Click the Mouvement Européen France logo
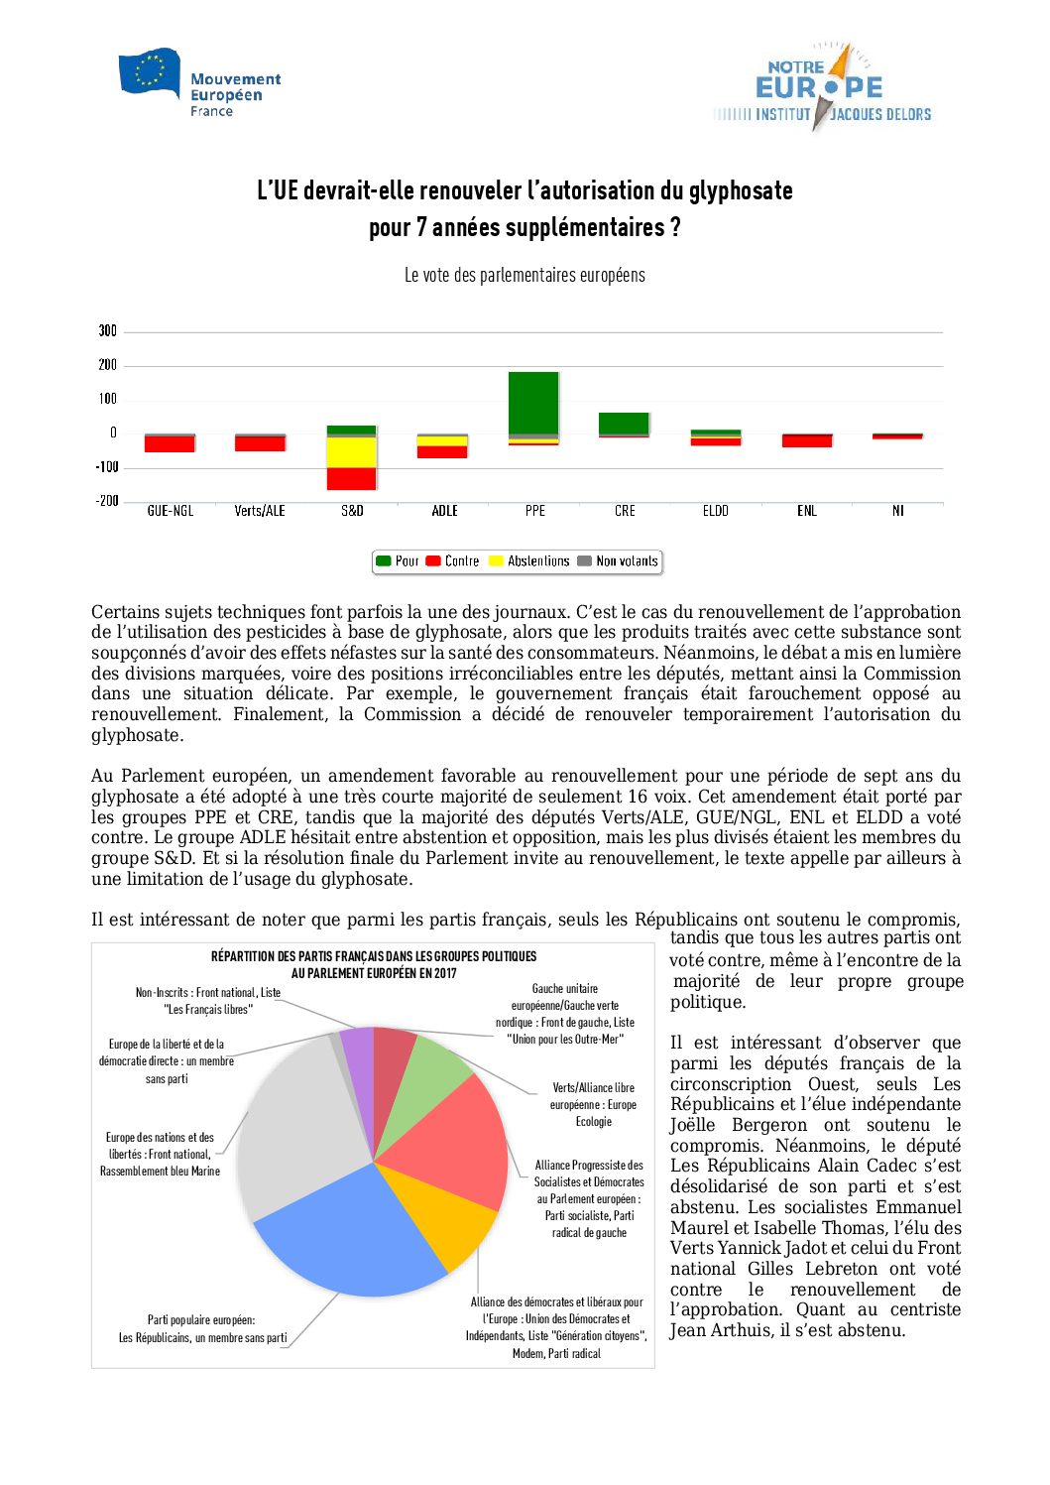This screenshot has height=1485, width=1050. click(199, 83)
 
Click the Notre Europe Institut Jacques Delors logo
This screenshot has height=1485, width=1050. click(822, 87)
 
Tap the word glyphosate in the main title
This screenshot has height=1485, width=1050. click(740, 190)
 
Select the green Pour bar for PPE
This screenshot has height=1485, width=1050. click(533, 402)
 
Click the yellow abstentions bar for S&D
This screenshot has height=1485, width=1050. click(352, 452)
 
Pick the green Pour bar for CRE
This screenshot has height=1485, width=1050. click(624, 424)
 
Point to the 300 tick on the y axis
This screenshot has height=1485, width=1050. click(107, 331)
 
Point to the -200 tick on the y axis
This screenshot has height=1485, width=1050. click(106, 501)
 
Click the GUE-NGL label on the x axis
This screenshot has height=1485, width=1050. click(171, 511)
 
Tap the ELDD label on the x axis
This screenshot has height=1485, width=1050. click(715, 511)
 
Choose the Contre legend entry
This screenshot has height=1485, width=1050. click(453, 561)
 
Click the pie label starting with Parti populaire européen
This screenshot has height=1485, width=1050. click(202, 1329)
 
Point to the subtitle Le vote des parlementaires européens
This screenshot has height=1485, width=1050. click(525, 276)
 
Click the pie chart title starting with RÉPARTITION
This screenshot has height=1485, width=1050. click(374, 964)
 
